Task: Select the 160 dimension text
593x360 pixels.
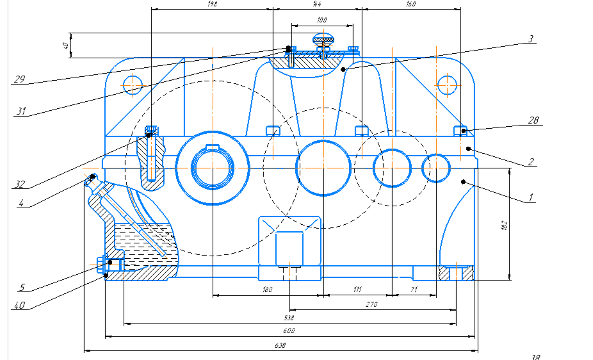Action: pyautogui.click(x=411, y=4)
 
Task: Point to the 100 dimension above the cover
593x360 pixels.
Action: pyautogui.click(x=322, y=20)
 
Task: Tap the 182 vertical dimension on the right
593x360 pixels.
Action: pyautogui.click(x=503, y=225)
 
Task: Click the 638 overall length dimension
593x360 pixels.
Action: pyautogui.click(x=280, y=346)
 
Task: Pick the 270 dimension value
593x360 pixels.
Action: pyautogui.click(x=371, y=304)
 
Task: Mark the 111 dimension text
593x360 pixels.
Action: pyautogui.click(x=357, y=290)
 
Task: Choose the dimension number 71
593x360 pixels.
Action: pyautogui.click(x=414, y=290)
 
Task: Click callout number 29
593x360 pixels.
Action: pyautogui.click(x=19, y=79)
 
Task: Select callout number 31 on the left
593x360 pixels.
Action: pyautogui.click(x=22, y=111)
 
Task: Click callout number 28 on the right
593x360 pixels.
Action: pyautogui.click(x=534, y=120)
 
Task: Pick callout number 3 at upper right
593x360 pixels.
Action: pyautogui.click(x=531, y=38)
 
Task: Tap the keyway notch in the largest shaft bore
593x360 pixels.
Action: pyautogui.click(x=211, y=149)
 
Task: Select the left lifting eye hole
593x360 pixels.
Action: pyautogui.click(x=133, y=83)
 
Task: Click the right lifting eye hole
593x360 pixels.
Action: pyautogui.click(x=446, y=83)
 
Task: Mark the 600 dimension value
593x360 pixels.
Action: pyautogui.click(x=289, y=331)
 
